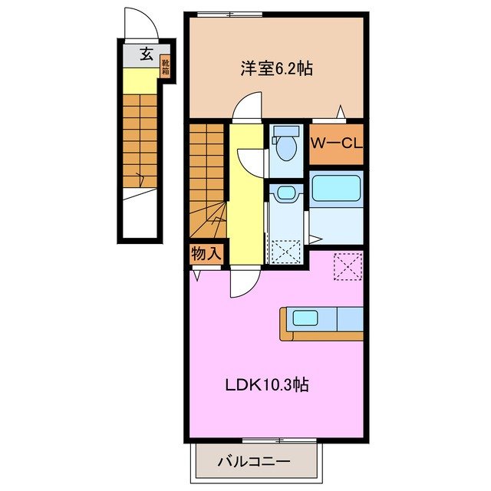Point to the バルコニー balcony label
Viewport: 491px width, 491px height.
(253, 462)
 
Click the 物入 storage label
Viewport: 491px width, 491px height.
(206, 251)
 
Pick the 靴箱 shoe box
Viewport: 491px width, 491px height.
(166, 68)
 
